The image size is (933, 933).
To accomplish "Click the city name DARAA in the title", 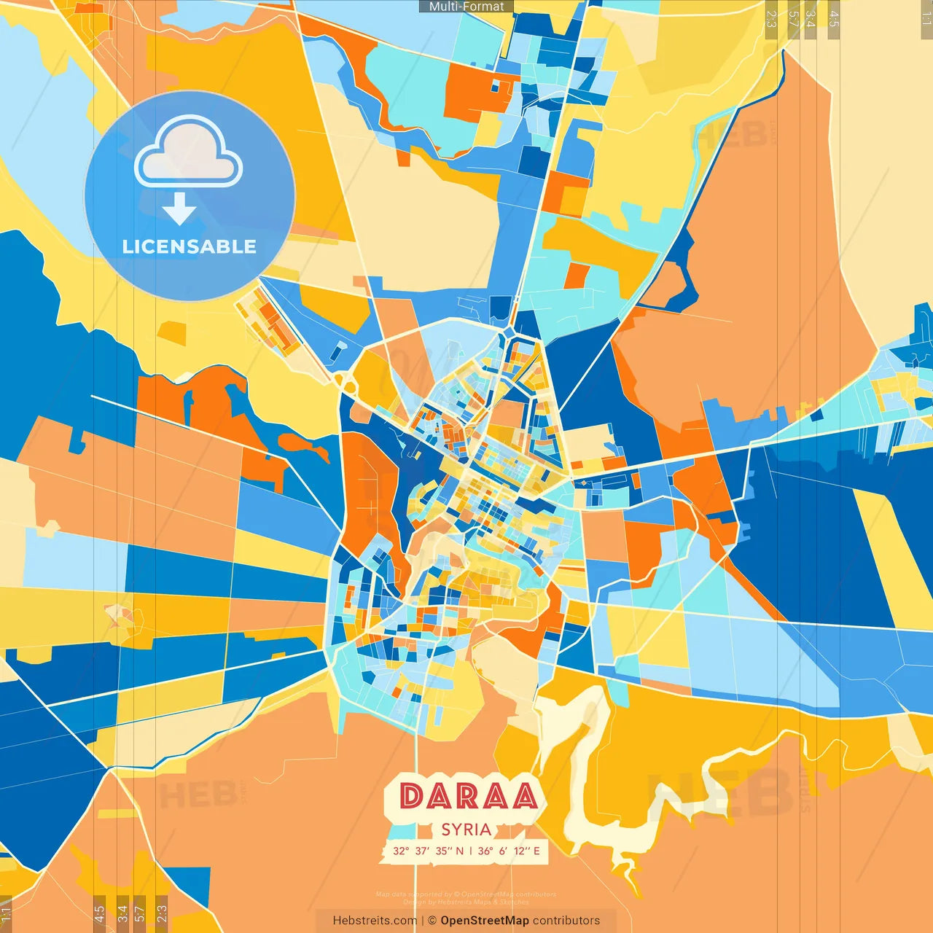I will [x=469, y=796].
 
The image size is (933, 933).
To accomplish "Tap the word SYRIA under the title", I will [x=466, y=829].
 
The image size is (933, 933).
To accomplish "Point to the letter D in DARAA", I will [x=413, y=796].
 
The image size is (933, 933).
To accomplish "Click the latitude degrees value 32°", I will [x=401, y=851].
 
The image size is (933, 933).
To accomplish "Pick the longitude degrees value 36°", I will [x=485, y=851].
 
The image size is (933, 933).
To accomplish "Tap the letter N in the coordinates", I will [x=460, y=851].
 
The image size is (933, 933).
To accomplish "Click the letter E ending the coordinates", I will [x=536, y=851].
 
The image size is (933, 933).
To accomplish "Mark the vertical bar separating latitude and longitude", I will [x=471, y=851].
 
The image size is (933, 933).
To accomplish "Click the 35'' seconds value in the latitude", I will [x=445, y=851].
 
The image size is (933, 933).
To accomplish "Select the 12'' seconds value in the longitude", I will [x=521, y=851].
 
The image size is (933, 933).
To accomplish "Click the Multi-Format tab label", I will [x=466, y=7].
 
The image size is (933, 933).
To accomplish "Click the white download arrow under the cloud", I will [x=179, y=209].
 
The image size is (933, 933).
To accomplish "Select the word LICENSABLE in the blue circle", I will [x=190, y=246].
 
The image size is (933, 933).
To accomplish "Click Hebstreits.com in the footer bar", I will [x=375, y=921].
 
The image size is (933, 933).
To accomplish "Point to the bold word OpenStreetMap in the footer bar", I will [x=485, y=921].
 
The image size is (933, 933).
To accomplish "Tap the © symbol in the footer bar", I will [x=432, y=921].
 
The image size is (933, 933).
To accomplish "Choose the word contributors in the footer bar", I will [x=566, y=921].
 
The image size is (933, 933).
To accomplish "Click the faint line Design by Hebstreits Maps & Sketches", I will [x=466, y=902].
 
